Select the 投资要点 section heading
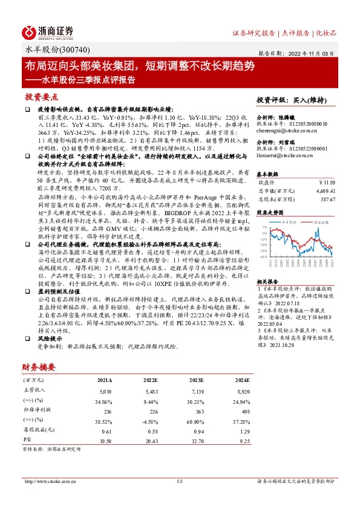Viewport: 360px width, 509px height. tap(42, 97)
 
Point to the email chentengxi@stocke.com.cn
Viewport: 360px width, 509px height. tap(287, 130)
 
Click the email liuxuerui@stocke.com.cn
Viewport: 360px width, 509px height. tap(285, 156)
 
